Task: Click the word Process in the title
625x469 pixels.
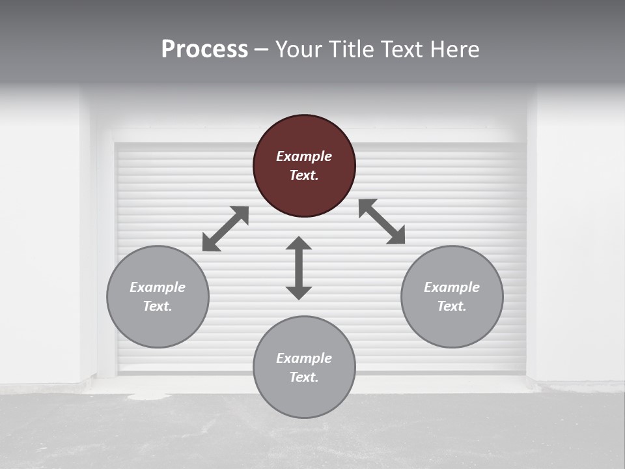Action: (204, 50)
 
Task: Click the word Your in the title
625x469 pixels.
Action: (298, 50)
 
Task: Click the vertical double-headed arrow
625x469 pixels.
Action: (299, 268)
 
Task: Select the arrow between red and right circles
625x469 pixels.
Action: (382, 221)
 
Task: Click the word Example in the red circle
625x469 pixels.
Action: (304, 156)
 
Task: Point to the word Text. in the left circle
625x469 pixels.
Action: (158, 306)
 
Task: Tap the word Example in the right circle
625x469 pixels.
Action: (452, 287)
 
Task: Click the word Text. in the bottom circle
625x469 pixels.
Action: (304, 377)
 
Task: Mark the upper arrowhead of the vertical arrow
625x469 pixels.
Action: (299, 243)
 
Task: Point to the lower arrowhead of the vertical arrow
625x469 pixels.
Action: (299, 292)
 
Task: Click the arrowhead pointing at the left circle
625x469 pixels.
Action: (210, 244)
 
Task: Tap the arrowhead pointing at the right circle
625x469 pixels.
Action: (396, 236)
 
